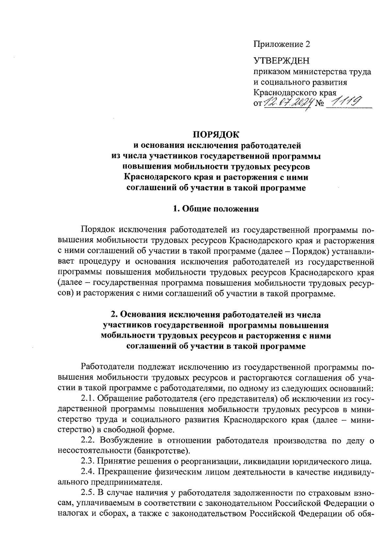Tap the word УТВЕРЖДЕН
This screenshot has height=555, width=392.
click(281, 61)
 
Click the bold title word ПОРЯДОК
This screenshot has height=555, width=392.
click(216, 134)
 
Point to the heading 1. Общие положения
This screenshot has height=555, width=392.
click(216, 209)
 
